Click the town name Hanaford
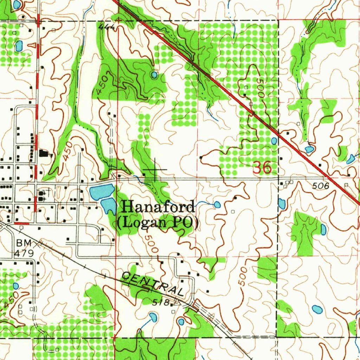point(158,207)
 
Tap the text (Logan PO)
point(158,223)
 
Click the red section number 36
point(262,168)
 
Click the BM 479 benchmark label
point(24,248)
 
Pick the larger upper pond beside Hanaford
point(102,191)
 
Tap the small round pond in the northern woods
point(154,75)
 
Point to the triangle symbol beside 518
point(176,302)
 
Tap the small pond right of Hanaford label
point(217,204)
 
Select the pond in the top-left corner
point(17,5)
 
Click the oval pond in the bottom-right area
point(317,309)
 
